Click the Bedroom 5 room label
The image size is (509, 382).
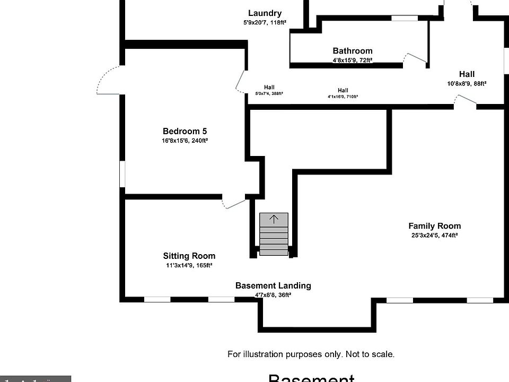point(185,131)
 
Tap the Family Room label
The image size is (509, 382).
point(434,226)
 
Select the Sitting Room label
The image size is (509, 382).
point(189,256)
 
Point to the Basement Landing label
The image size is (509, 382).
point(273,285)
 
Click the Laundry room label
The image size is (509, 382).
point(265,13)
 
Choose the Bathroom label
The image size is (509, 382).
point(353,51)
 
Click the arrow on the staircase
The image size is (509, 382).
point(274,219)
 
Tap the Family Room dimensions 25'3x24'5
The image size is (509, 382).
point(434,236)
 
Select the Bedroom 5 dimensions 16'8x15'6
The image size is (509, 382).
point(185,141)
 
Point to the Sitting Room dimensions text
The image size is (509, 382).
point(189,265)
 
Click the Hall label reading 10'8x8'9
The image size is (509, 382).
point(467,83)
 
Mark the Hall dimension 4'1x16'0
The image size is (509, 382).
point(343,97)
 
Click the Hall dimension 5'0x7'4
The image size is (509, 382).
point(269,93)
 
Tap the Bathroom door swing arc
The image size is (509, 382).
point(414,58)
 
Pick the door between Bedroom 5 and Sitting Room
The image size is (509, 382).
point(233,203)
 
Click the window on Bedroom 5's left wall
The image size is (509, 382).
point(122,174)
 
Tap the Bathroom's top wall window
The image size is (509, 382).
point(404,19)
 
